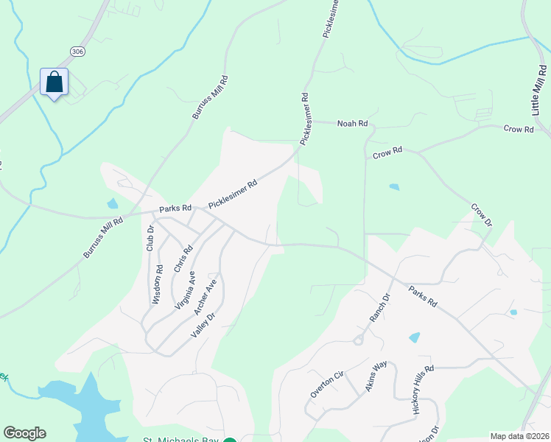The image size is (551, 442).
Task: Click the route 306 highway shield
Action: [78, 50]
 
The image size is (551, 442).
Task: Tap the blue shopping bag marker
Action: [54, 82]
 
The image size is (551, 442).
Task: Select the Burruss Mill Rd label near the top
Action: [206, 97]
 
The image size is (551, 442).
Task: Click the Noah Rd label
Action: [352, 124]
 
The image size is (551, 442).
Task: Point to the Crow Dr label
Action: [480, 215]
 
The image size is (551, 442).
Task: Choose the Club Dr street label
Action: [150, 238]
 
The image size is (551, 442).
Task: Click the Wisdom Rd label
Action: [157, 285]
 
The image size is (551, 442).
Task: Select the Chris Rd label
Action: [183, 259]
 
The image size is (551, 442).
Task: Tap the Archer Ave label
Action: [206, 297]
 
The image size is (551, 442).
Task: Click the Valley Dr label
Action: [203, 326]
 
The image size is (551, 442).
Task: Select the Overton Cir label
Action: [327, 384]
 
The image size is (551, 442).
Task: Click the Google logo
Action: [24, 433]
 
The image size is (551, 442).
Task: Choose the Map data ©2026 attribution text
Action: [519, 436]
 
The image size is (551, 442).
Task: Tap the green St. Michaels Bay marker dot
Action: [229, 439]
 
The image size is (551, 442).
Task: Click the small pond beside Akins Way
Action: [414, 337]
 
